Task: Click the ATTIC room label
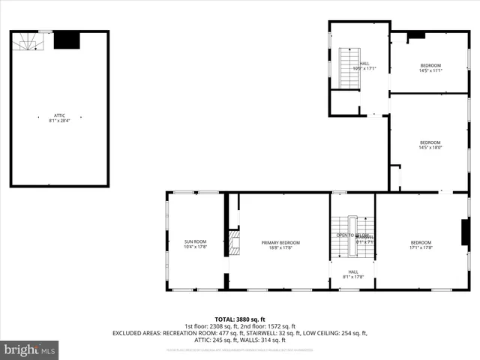[60, 115]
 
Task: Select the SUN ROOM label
[195, 242]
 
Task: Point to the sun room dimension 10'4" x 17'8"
[195, 247]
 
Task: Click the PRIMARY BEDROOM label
[280, 242]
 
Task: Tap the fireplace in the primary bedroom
[234, 241]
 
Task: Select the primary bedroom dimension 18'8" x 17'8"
[280, 247]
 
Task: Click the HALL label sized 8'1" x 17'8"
[352, 272]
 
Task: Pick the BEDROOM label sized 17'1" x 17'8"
[421, 242]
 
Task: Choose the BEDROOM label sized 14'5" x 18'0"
[430, 142]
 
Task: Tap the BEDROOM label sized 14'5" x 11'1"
[430, 65]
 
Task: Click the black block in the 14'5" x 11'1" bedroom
[416, 34]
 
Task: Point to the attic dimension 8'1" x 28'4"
[60, 120]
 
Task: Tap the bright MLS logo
[30, 349]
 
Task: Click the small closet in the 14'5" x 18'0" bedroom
[395, 177]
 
